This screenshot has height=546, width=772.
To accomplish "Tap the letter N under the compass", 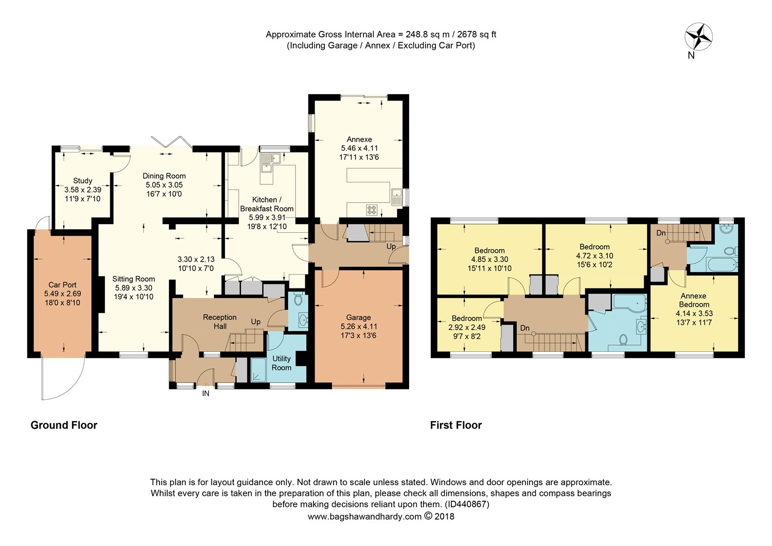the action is pos(691,56).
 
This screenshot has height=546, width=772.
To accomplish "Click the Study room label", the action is pos(83,181).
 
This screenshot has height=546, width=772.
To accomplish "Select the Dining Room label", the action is pos(164,176).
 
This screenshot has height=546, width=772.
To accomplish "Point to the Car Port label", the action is pos(62,285).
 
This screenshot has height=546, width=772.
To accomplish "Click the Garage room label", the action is pos(358,317).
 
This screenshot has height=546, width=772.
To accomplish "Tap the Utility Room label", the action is pos(281,363).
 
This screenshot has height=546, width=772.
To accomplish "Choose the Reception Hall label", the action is pos(220,322).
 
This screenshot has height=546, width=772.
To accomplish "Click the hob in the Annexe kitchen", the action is pos(372,210).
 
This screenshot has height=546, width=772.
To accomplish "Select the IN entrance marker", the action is pos(206,394).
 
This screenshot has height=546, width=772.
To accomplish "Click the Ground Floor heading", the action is pos(64,425).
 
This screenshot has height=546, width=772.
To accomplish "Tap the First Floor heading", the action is pos(456,425).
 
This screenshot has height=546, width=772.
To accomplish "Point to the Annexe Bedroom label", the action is pos(694,300).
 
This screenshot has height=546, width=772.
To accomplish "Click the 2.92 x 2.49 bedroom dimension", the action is pos(467,327).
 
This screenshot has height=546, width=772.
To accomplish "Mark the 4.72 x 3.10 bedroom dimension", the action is pos(594,256).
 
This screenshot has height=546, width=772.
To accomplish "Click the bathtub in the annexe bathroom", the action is pos(722,264).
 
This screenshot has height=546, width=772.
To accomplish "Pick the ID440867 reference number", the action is pos(467,504).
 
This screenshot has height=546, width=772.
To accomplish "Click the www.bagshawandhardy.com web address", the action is pos(364,517).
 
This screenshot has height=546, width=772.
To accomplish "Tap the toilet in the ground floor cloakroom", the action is pos(298,299).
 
